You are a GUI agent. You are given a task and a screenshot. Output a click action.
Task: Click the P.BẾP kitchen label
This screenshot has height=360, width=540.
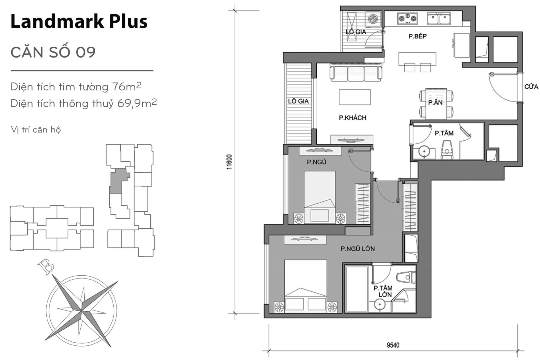pyautogui.click(x=417, y=36)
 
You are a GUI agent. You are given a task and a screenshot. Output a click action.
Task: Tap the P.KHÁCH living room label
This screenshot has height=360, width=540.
pyautogui.click(x=352, y=118)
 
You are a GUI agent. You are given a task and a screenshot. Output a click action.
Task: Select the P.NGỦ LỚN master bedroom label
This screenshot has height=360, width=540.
pyautogui.click(x=357, y=249)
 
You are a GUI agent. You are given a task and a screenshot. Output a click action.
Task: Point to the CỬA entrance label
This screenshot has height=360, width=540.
pyautogui.click(x=531, y=87)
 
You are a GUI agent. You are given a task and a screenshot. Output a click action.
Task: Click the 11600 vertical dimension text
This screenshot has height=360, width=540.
pyautogui.click(x=230, y=162)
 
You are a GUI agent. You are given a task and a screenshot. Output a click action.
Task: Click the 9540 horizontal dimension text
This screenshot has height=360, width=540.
pyautogui.click(x=393, y=345)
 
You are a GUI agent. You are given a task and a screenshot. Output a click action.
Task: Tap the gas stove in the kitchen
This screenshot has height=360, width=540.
pyautogui.click(x=407, y=19)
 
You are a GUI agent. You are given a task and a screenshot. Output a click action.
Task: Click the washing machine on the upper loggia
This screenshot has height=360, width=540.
pyautogui.click(x=373, y=19)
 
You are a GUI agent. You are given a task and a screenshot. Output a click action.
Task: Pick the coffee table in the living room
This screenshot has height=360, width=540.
pyautogui.click(x=355, y=97)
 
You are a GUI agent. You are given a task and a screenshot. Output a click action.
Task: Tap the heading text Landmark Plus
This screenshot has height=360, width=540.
pyautogui.click(x=79, y=22)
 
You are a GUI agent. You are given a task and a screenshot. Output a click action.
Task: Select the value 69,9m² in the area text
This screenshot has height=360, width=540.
pyautogui.click(x=137, y=103)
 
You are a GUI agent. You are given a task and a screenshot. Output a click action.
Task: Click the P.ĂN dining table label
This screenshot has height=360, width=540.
pyautogui.click(x=435, y=103)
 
